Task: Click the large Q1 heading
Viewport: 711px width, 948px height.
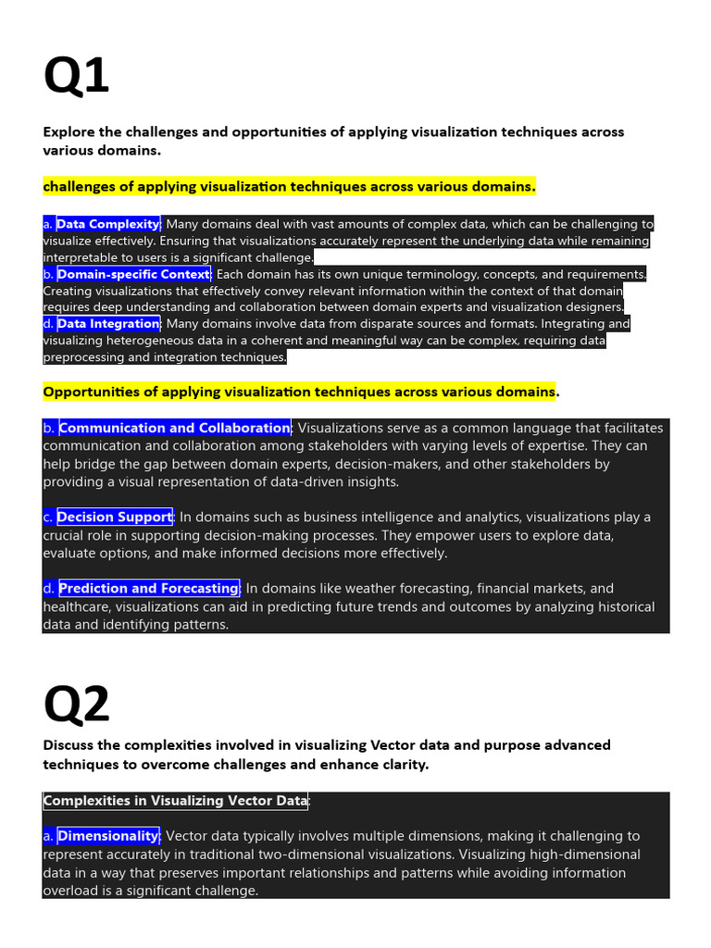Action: [76, 76]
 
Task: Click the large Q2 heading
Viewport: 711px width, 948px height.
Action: [76, 705]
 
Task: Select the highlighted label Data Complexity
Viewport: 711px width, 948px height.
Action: [108, 224]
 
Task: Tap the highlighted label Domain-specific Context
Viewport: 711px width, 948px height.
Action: [134, 274]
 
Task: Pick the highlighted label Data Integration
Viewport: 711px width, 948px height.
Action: [108, 324]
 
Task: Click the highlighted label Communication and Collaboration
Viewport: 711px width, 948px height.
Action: [175, 428]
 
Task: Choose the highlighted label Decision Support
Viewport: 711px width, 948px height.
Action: [115, 517]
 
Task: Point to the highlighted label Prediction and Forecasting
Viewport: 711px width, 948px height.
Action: [149, 588]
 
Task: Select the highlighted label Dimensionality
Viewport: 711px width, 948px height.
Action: [108, 836]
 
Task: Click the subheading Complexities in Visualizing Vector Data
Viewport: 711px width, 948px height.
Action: [175, 801]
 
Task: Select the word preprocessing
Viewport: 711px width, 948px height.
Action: [86, 357]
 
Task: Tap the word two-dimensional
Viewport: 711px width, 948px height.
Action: [340, 854]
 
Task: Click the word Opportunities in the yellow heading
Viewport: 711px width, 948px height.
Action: [90, 392]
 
